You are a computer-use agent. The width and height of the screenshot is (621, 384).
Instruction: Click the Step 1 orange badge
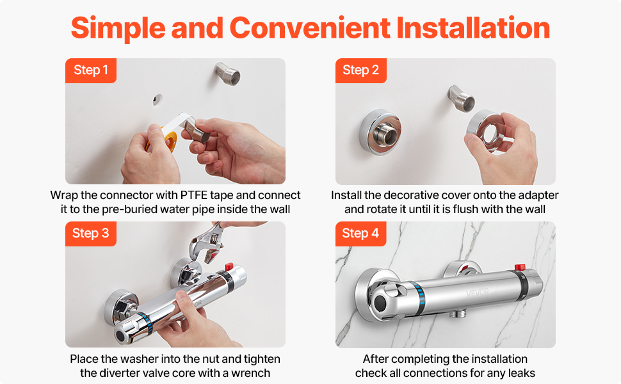click(91, 70)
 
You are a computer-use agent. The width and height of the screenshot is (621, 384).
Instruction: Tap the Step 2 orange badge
click(361, 70)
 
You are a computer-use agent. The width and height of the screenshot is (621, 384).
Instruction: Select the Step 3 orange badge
click(91, 234)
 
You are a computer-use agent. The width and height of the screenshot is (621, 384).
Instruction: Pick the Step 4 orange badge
click(361, 234)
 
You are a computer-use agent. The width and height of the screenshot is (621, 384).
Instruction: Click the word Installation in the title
click(473, 28)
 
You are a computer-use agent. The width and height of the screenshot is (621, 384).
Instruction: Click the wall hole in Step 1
click(157, 100)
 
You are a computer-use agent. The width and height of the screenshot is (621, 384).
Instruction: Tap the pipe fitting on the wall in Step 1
click(227, 74)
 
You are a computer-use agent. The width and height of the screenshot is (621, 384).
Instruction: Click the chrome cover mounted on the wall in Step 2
click(380, 132)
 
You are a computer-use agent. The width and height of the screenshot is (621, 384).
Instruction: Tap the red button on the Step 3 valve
click(229, 266)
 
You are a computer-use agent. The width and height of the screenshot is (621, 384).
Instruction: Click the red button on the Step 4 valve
click(520, 268)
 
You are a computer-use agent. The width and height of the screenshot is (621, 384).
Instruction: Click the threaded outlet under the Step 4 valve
click(458, 314)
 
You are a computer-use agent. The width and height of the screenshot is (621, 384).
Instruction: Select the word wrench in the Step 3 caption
click(251, 373)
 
